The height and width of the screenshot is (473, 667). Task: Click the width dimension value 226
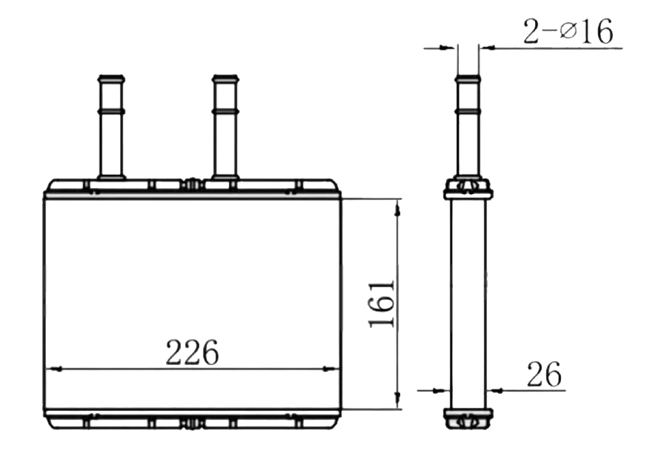pyautogui.click(x=192, y=352)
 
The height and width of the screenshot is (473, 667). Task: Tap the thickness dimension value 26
pyautogui.click(x=544, y=375)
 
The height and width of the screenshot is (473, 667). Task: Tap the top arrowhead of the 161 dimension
pyautogui.click(x=399, y=208)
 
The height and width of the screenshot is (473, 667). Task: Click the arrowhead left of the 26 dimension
pyautogui.click(x=444, y=389)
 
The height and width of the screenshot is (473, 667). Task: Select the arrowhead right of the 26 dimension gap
pyautogui.click(x=493, y=389)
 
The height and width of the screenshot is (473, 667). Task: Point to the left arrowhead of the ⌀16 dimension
pyautogui.click(x=449, y=48)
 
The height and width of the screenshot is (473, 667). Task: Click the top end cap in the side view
pyautogui.click(x=468, y=188)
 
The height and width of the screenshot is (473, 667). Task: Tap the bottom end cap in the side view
pyautogui.click(x=468, y=417)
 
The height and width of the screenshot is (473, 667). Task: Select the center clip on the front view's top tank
pyautogui.click(x=192, y=184)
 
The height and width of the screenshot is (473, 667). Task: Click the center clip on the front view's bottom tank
pyautogui.click(x=192, y=422)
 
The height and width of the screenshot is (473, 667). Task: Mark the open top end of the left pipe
pyautogui.click(x=111, y=76)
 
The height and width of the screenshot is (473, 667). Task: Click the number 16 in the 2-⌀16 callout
pyautogui.click(x=600, y=33)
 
